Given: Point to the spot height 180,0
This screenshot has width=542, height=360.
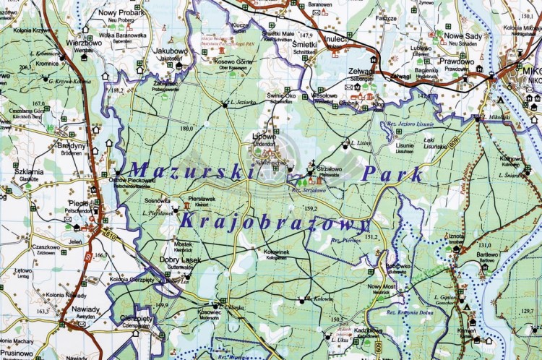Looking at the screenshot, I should click(x=187, y=129).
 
